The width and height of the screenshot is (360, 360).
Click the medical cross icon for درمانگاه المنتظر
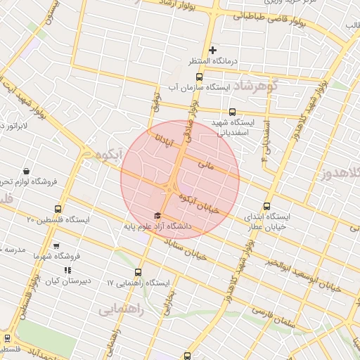click(x=213, y=50)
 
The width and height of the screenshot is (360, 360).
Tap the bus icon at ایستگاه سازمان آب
click(x=199, y=77)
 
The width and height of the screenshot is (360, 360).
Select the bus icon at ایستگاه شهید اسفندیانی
click(x=233, y=111)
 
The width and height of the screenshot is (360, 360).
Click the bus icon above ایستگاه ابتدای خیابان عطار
click(x=266, y=206)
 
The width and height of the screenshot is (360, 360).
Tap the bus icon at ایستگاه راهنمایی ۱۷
click(x=137, y=271)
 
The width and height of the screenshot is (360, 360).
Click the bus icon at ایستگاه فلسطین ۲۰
click(x=58, y=209)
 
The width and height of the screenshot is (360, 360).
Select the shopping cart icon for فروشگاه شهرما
click(x=56, y=246)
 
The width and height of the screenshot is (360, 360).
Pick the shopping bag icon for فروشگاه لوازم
click(x=26, y=171)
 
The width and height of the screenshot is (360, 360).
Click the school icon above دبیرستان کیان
click(x=67, y=270)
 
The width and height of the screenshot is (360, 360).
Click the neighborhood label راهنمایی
click(x=121, y=310)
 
